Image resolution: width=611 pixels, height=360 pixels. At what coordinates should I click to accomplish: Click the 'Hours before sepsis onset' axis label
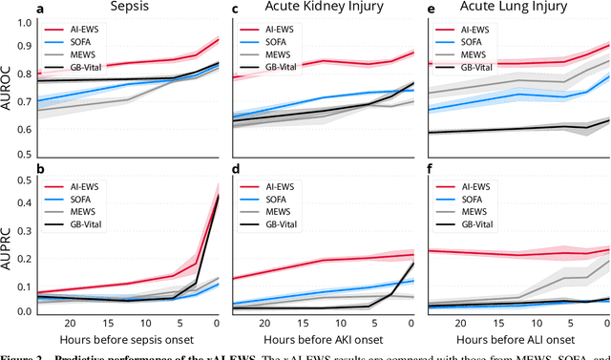coord(129,338)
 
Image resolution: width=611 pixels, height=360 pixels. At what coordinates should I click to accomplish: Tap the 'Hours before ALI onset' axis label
coord(517,338)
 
